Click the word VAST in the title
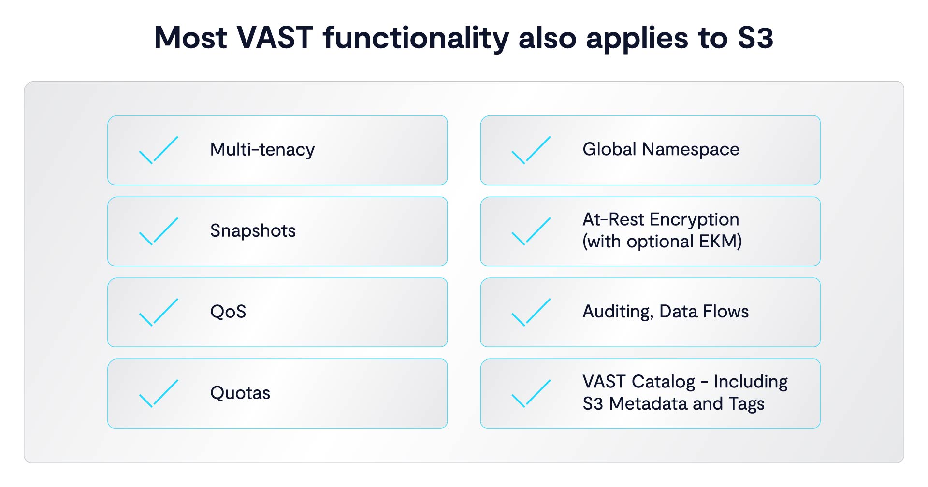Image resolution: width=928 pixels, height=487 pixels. pyautogui.click(x=275, y=38)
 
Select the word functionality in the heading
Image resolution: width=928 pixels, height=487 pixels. pyautogui.click(x=416, y=38)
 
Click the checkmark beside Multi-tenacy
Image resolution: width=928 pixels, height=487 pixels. pyautogui.click(x=159, y=150)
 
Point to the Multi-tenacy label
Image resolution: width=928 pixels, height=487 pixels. pyautogui.click(x=262, y=150)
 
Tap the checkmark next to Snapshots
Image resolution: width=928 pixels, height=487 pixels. pyautogui.click(x=159, y=231)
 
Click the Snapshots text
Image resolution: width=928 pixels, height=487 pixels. pyautogui.click(x=253, y=231)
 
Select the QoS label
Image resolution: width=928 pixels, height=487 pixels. pyautogui.click(x=228, y=312)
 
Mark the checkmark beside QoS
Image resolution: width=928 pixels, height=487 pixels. pyautogui.click(x=159, y=313)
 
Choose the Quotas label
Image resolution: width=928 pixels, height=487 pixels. pyautogui.click(x=240, y=393)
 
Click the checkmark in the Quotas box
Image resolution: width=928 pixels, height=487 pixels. pyautogui.click(x=159, y=394)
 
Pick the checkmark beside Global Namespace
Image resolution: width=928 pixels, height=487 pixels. pyautogui.click(x=531, y=150)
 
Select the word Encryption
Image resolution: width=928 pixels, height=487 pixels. pyautogui.click(x=695, y=220)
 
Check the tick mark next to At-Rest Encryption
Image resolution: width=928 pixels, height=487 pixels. pyautogui.click(x=531, y=231)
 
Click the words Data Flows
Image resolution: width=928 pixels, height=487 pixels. pyautogui.click(x=704, y=312)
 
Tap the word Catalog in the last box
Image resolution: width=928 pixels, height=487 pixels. pyautogui.click(x=663, y=382)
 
